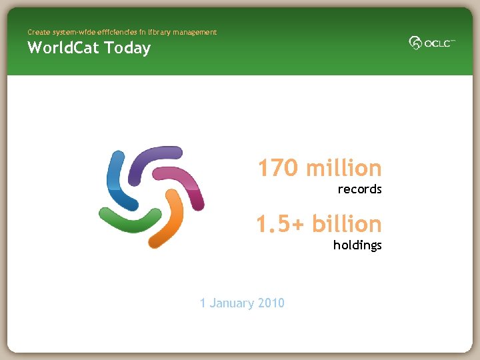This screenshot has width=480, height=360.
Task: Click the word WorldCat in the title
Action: [x=63, y=48]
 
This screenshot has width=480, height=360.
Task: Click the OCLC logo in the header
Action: [x=431, y=43]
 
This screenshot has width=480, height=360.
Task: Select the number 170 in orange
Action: [x=279, y=168]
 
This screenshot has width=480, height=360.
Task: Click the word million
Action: [x=344, y=168]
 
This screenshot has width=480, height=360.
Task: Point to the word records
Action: [x=359, y=189]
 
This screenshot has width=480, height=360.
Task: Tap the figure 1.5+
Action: [x=280, y=224]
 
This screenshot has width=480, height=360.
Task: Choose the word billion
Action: [x=347, y=224]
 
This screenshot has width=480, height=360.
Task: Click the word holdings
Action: [x=357, y=245]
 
